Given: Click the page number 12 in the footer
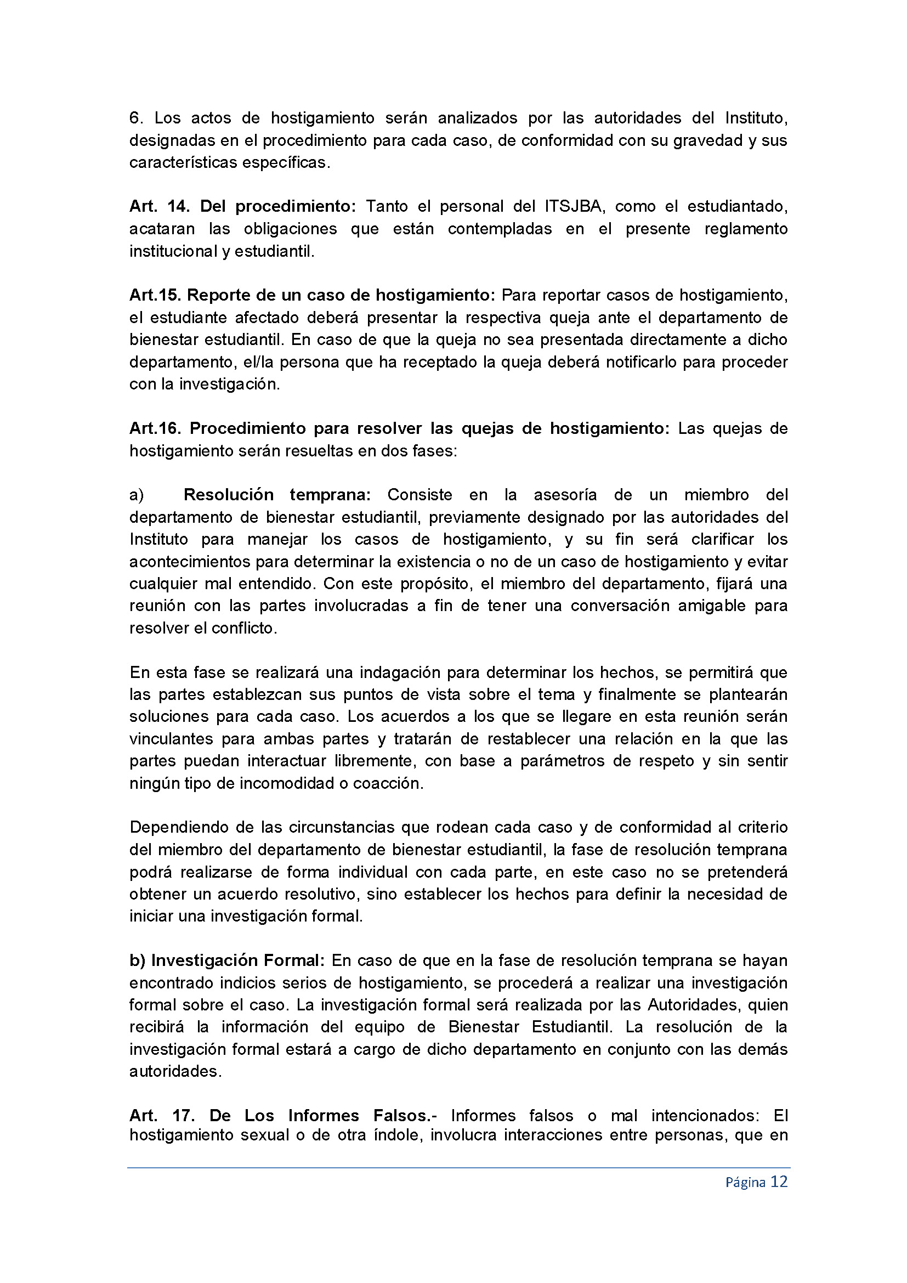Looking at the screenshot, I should coord(779,1182).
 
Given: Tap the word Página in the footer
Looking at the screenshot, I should coord(745,1183).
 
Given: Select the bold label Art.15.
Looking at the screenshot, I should coord(155,295).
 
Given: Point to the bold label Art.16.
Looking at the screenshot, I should coord(156,428).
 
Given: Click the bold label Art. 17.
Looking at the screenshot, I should coord(162,1115).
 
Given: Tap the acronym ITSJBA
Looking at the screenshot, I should coord(573,206).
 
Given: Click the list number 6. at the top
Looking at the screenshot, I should coord(137,118).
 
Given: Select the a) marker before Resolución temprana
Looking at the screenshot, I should coord(137,495).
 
